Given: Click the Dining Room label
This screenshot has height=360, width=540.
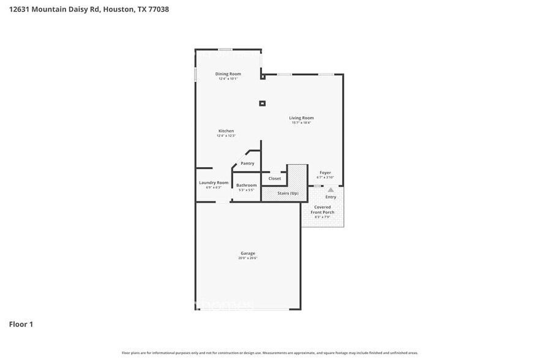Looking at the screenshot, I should click(228, 74).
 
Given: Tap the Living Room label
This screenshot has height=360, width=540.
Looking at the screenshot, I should click(301, 118).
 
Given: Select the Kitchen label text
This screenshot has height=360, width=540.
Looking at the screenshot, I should click(226, 131).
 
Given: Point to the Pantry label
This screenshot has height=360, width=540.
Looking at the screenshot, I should click(247, 163).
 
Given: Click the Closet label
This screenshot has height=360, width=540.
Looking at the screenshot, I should click(274, 179).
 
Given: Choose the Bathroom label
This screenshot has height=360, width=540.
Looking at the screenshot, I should click(246, 185).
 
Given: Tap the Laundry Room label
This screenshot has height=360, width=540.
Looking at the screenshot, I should click(214, 182).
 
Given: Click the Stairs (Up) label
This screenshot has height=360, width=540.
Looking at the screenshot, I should click(288, 193).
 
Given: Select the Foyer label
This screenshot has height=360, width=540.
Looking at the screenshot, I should click(324, 173).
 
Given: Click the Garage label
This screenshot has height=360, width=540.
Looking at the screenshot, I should click(247, 253).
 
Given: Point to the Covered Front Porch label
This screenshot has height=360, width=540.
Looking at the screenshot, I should click(323, 209).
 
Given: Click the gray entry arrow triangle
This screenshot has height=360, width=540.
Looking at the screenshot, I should click(331, 190).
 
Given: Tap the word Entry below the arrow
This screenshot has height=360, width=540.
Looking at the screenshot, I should click(331, 197).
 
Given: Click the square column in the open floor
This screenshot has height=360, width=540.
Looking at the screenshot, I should click(262, 103).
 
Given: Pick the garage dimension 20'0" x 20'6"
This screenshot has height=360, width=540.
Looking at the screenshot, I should click(247, 258).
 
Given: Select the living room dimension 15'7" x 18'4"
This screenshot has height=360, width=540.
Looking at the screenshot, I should click(301, 123).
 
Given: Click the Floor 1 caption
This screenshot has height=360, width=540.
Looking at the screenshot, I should click(21, 324).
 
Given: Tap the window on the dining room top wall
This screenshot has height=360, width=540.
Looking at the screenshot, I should click(225, 50).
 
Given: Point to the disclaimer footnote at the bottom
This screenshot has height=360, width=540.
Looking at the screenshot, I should click(269, 353).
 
